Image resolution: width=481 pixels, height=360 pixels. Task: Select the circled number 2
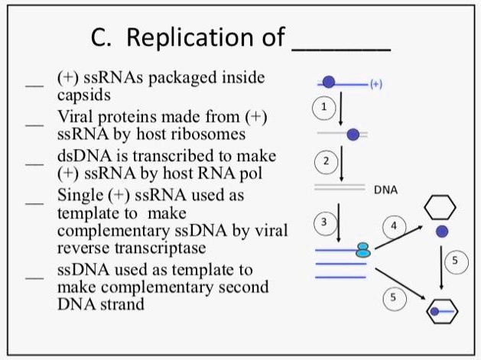(325, 161)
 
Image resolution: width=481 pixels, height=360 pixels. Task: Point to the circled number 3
(323, 222)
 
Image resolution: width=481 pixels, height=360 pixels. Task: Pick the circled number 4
(394, 226)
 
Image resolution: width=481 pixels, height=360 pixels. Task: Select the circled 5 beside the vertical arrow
(456, 261)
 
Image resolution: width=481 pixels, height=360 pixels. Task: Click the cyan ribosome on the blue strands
(363, 249)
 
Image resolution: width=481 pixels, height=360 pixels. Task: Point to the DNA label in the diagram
(385, 189)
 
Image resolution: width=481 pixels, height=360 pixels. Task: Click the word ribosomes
(204, 134)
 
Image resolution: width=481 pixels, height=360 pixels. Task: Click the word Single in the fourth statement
(79, 195)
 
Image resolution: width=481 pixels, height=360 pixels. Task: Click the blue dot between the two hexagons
(441, 231)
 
